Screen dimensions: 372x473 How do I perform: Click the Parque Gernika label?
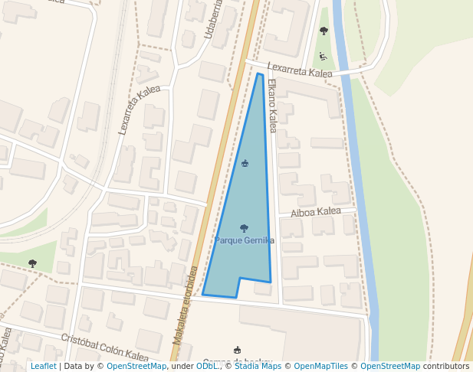click(244, 240)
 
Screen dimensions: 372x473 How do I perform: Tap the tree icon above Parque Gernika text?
click(244, 228)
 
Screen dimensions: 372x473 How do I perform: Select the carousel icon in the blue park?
click(245, 163)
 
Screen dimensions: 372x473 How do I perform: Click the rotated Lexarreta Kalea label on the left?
click(139, 110)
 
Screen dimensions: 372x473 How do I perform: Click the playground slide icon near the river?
click(323, 56)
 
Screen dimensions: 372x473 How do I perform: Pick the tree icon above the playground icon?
click(324, 31)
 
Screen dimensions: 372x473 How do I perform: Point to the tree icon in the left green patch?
click(32, 263)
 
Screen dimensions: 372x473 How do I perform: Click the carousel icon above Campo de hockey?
click(237, 350)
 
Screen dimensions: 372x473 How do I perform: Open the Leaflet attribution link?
click(44, 366)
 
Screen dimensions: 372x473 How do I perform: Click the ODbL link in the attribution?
click(206, 366)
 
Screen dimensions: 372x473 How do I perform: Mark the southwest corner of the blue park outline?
click(202, 293)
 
